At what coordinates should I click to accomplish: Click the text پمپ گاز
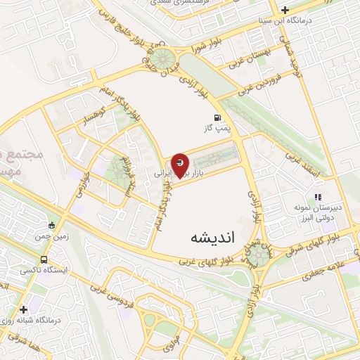[217, 129]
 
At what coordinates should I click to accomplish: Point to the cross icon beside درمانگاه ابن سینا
[284, 10]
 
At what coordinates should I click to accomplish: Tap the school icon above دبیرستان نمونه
[317, 198]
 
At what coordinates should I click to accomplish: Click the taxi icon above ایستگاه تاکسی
[44, 260]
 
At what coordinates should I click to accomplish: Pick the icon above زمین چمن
[51, 226]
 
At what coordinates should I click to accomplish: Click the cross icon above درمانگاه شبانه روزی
[24, 309]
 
